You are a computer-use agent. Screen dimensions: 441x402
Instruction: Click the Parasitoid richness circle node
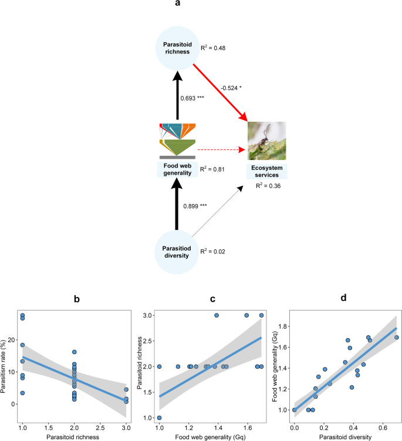180,47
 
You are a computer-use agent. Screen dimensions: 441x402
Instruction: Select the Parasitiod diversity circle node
180,251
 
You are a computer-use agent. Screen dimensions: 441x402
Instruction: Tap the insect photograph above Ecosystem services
266,141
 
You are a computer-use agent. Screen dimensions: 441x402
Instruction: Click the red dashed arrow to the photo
221,149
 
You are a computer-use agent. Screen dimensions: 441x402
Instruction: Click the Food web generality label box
180,169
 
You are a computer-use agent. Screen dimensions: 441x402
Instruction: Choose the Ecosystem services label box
266,171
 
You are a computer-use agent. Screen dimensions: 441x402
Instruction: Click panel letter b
76,299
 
